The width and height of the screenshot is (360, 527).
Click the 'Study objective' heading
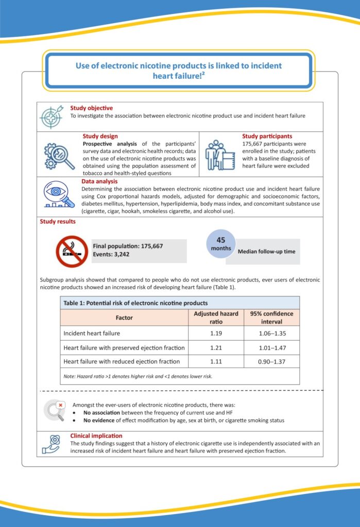[x=92, y=108]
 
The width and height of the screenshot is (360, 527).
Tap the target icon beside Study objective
[x=52, y=117]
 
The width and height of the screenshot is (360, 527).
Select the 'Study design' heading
[x=100, y=136]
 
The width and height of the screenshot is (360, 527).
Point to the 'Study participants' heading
[x=267, y=136]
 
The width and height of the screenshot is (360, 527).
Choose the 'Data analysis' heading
[x=99, y=181]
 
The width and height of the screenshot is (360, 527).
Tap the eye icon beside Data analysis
[x=57, y=196]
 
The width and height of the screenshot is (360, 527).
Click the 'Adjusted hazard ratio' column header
[x=216, y=318]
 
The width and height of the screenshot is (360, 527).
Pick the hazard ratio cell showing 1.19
[x=216, y=333]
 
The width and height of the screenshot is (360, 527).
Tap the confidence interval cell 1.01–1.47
[x=271, y=347]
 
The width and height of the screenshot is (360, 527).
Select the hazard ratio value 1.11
[x=216, y=361]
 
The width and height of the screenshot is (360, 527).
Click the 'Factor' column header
[x=124, y=318]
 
